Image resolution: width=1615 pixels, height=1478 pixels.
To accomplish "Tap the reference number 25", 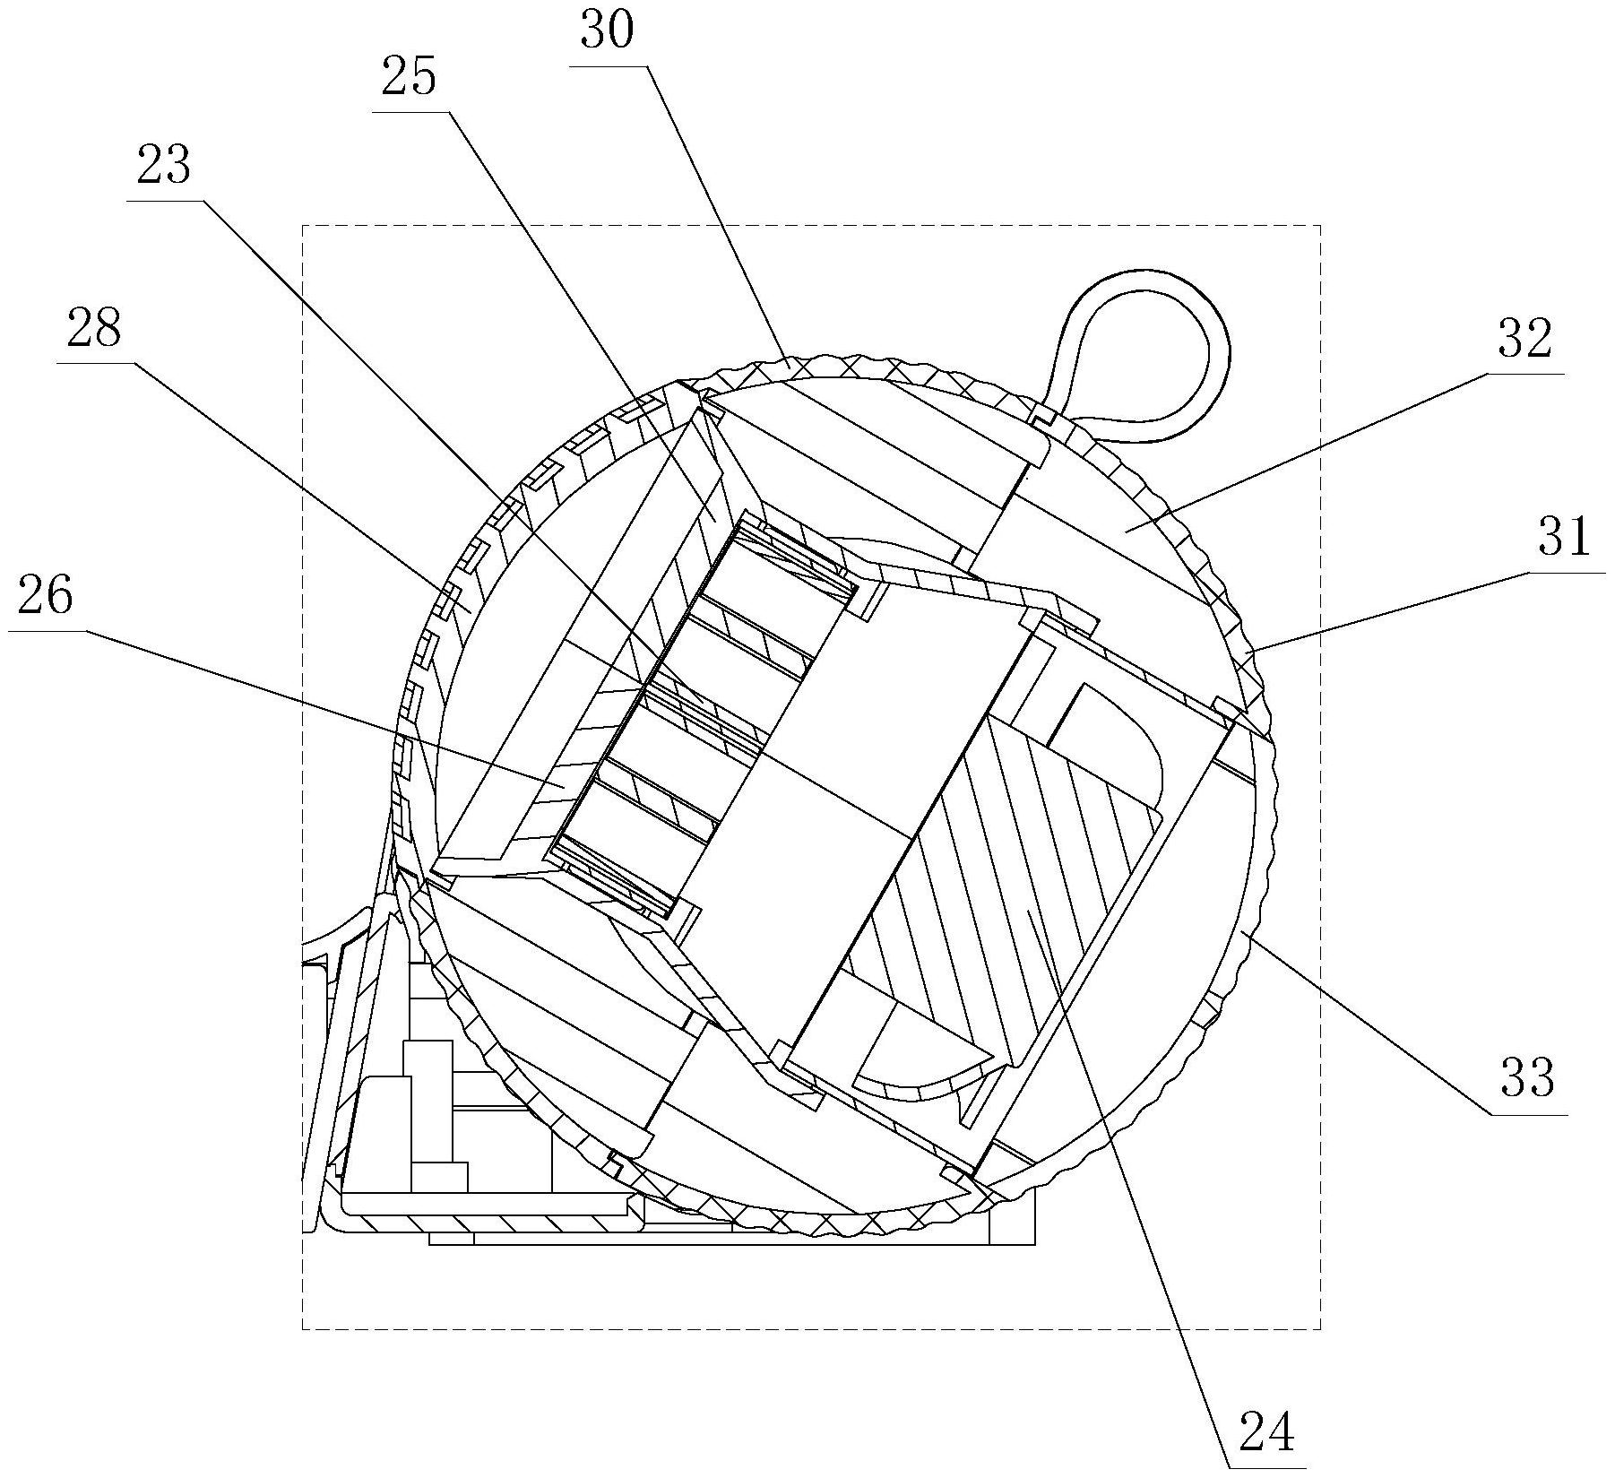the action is pos(409,78).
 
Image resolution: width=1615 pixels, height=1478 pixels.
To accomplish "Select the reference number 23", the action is pos(164,166).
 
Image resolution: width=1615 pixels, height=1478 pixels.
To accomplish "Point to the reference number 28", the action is pos(93,329).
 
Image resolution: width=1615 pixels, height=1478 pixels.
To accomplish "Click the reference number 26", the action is pos(45,596).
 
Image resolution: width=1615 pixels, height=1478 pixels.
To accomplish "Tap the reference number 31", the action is pos(1565,536).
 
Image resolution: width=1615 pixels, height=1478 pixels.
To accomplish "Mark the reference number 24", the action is pos(1267,1433).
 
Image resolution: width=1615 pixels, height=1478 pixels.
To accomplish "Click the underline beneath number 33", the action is pos(1529,1113).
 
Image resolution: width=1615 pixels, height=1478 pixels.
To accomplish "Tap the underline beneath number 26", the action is pos(47,630).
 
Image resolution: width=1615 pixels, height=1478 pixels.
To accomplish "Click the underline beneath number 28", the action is pos(95,363).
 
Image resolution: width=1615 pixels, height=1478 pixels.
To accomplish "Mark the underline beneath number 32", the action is pos(1526,373).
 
